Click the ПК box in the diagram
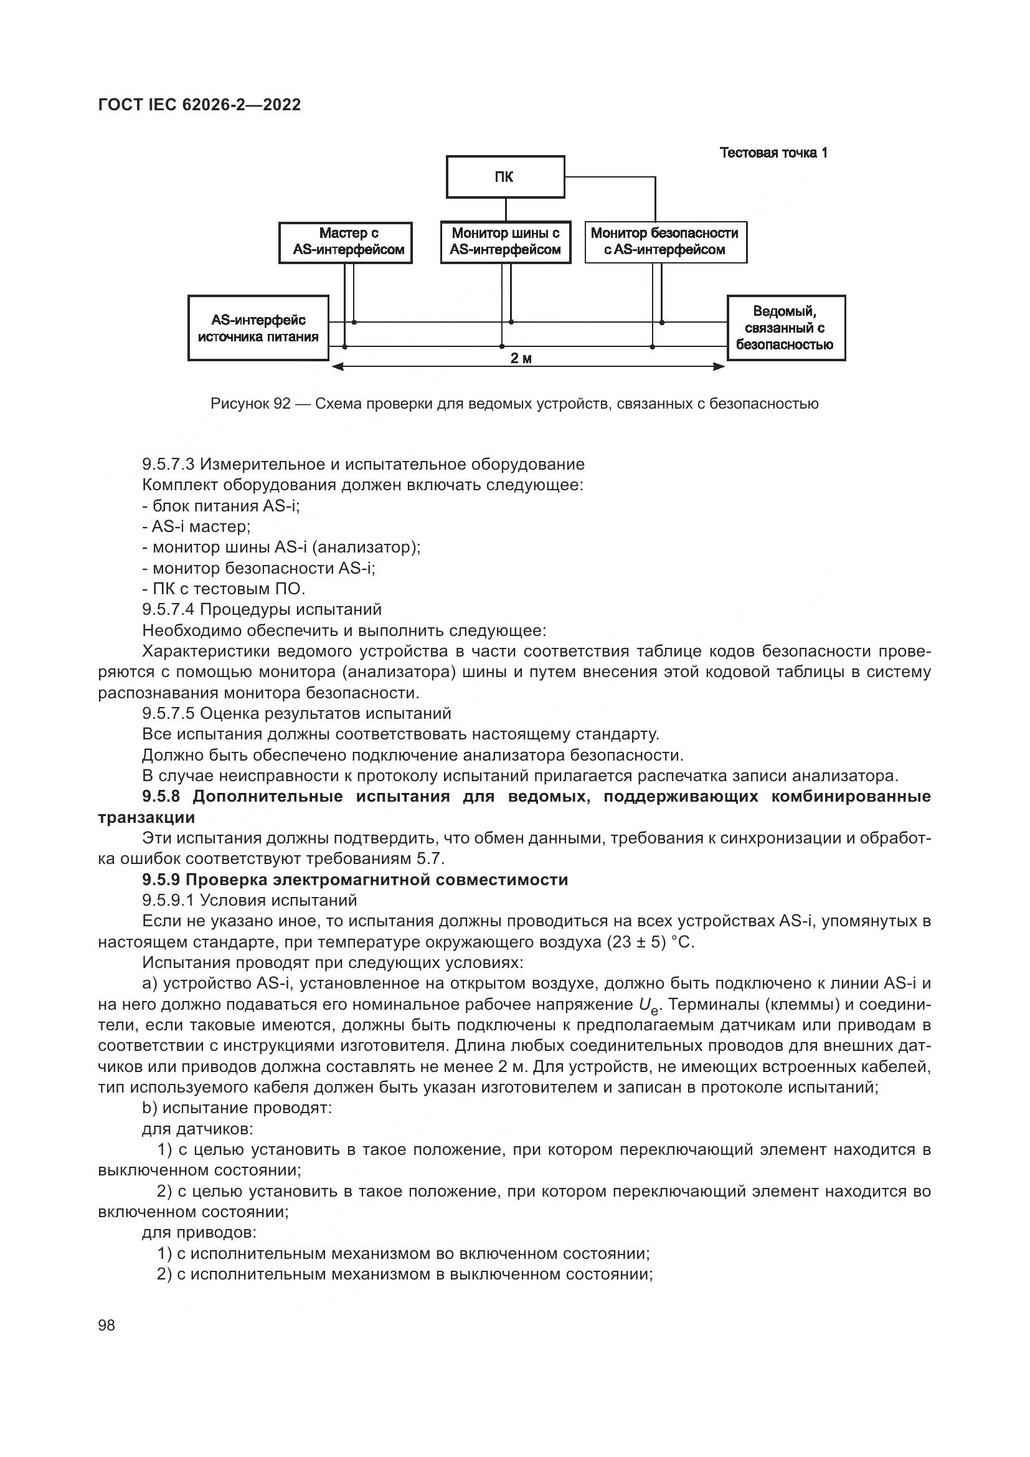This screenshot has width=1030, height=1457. tap(505, 177)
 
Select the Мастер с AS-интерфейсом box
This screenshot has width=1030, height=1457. tap(346, 242)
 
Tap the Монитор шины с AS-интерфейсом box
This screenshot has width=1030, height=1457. tap(506, 242)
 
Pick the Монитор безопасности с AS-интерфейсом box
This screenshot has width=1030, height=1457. tap(665, 242)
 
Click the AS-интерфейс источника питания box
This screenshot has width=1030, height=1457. tap(258, 328)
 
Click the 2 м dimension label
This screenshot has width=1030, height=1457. tap(521, 359)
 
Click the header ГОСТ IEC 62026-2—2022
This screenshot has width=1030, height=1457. tap(200, 105)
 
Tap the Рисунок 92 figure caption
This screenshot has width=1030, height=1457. tap(514, 404)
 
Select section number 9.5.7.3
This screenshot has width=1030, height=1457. tap(168, 465)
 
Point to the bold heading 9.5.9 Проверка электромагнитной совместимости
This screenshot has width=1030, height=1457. tap(355, 880)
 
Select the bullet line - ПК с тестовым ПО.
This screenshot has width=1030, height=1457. tap(224, 589)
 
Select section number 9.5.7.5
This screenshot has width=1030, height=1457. tap(168, 714)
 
